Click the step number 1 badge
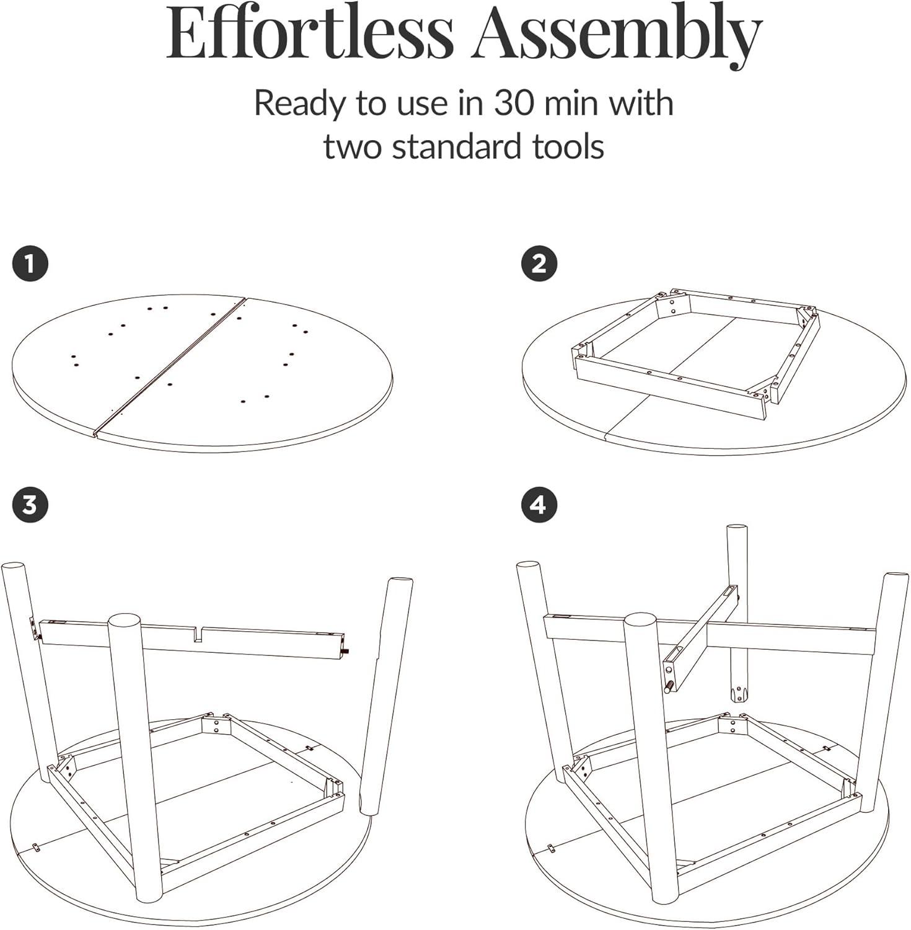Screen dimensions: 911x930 (29, 264)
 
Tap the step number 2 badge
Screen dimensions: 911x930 (539, 264)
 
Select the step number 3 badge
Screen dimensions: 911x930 (29, 505)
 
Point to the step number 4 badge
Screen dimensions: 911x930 (539, 505)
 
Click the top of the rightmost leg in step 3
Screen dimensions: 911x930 (400, 583)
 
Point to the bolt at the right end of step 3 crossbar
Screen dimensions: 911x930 (348, 651)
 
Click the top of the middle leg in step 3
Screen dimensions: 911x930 (124, 621)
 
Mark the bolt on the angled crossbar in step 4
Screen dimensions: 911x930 (670, 688)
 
